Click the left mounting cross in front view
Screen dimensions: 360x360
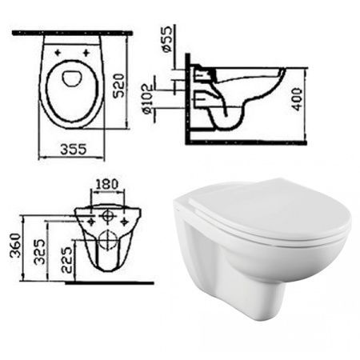click(x=91, y=218)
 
